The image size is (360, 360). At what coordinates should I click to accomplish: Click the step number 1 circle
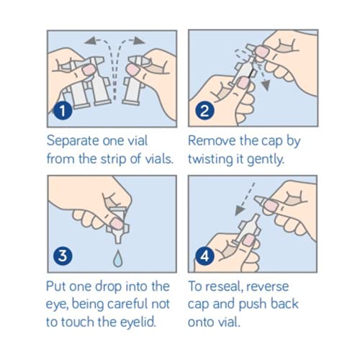[x=63, y=111]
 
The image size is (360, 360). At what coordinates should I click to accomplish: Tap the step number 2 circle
[x=204, y=111]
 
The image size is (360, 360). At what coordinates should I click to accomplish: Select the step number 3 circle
[x=63, y=256]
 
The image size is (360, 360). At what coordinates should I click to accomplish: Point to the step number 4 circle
[x=204, y=256]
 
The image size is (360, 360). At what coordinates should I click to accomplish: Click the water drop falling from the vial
[x=118, y=258]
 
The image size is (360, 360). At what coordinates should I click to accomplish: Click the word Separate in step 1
[x=73, y=141]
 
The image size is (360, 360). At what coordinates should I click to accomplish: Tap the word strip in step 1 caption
[x=114, y=159]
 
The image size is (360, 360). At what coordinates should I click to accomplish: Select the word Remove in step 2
[x=212, y=140]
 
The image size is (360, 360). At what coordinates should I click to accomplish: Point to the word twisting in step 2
[x=209, y=159]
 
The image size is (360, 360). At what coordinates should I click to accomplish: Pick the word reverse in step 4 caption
[x=267, y=287]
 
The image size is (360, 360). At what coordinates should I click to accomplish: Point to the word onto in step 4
[x=201, y=323]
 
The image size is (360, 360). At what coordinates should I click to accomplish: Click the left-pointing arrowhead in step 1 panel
[x=90, y=41]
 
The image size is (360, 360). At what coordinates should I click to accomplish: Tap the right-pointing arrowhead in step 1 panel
[x=139, y=41]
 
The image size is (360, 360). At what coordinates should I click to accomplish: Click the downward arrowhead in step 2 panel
[x=266, y=85]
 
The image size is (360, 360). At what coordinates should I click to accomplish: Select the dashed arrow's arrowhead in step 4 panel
[x=240, y=210]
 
